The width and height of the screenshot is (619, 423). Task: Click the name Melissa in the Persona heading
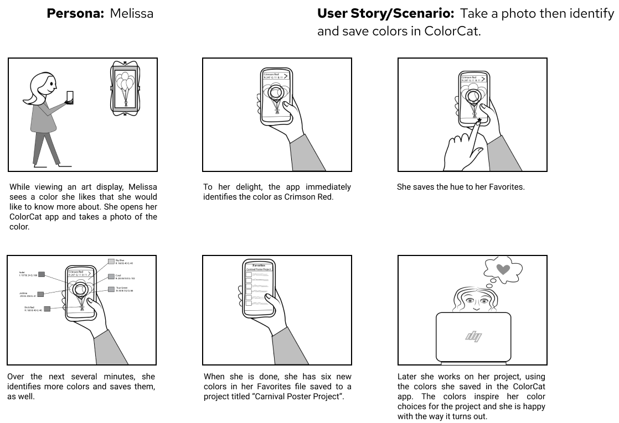pyautogui.click(x=131, y=13)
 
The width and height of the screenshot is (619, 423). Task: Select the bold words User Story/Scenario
pyautogui.click(x=386, y=13)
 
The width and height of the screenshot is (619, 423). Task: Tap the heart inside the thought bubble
pyautogui.click(x=503, y=269)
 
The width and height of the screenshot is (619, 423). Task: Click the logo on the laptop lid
pyautogui.click(x=473, y=336)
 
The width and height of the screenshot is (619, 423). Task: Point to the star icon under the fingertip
pyautogui.click(x=479, y=120)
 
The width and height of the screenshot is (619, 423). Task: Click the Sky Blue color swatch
pyautogui.click(x=111, y=261)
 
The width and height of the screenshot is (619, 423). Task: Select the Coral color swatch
pyautogui.click(x=111, y=276)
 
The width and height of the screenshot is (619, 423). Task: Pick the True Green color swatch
pyautogui.click(x=111, y=289)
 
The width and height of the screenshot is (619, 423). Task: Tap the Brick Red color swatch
pyautogui.click(x=47, y=309)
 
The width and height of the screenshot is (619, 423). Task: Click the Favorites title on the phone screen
pyautogui.click(x=259, y=265)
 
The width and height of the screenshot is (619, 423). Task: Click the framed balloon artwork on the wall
pyautogui.click(x=125, y=88)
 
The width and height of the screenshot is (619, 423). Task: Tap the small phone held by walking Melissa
pyautogui.click(x=70, y=97)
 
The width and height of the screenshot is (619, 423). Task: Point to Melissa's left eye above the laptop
pyautogui.click(x=469, y=301)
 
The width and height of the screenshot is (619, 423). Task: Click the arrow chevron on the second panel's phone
pyautogui.click(x=286, y=76)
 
